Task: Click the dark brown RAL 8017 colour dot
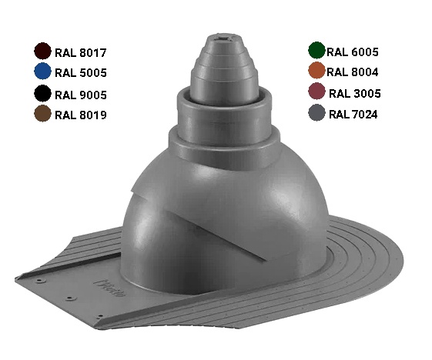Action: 42,51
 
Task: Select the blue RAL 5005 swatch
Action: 42,71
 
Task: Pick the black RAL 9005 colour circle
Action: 42,93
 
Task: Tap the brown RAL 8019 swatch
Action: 42,113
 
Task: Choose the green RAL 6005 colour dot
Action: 316,50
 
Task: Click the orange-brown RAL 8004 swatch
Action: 316,71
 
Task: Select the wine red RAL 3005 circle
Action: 316,91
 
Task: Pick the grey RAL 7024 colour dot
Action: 316,112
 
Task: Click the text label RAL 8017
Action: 80,53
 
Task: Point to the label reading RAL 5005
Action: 80,73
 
